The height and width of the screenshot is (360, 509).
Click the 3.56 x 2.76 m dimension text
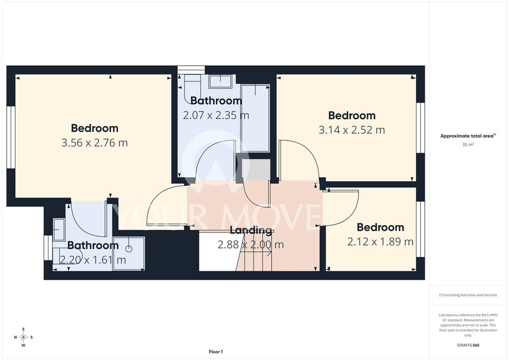(94, 143)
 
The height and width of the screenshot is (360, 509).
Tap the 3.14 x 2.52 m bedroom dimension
(352, 130)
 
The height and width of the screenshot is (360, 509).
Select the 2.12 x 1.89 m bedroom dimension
(380, 241)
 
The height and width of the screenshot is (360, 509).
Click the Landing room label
(251, 231)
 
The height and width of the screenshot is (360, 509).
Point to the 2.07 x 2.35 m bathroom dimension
(216, 115)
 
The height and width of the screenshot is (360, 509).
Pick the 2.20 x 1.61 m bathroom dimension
(93, 260)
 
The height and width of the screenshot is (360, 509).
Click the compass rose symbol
(23, 337)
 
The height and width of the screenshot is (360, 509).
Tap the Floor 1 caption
(216, 352)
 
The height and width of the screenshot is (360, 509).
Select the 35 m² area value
(468, 144)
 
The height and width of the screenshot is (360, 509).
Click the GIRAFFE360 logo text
(468, 345)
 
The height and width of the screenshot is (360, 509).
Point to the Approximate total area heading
(468, 136)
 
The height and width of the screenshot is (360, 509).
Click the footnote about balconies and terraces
(468, 295)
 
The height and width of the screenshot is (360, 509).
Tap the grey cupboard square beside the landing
(256, 169)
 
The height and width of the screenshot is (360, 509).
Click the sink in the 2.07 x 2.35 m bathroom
(220, 81)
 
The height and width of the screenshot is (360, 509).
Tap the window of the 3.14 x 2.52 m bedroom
(420, 128)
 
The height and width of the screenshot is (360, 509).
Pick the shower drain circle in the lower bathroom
(129, 249)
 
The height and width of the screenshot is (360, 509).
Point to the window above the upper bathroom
(191, 70)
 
